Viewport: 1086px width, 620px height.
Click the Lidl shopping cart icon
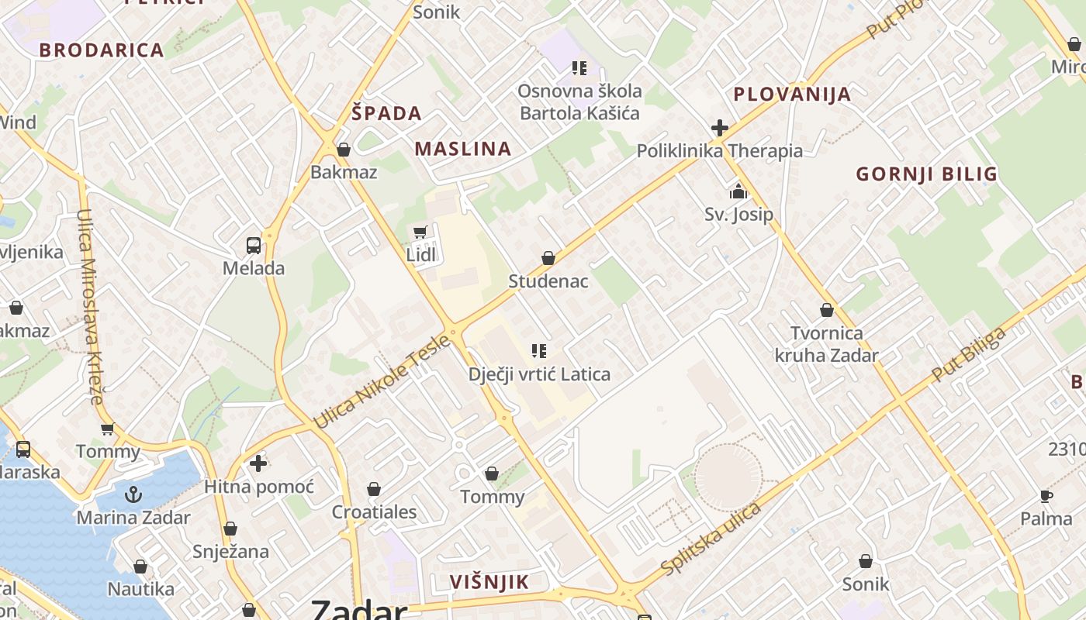tap(420, 232)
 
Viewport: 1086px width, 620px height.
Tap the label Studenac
tap(548, 281)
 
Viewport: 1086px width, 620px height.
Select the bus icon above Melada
tap(254, 246)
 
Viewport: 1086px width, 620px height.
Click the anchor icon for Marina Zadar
tap(133, 494)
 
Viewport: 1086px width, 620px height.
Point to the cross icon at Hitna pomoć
tap(258, 463)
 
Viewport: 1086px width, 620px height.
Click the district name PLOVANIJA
tap(792, 95)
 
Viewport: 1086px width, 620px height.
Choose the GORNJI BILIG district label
tap(926, 174)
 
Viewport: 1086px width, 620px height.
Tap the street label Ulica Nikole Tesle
tap(381, 381)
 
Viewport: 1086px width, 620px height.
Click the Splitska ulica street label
tap(711, 539)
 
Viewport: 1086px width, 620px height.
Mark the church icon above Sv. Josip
tap(738, 191)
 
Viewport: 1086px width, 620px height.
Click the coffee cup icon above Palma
tap(1046, 496)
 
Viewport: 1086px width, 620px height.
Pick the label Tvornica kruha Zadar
tap(826, 344)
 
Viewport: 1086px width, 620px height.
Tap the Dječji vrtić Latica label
tap(539, 374)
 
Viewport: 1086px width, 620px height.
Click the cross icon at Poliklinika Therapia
tap(720, 128)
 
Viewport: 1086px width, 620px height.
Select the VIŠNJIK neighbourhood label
tap(489, 582)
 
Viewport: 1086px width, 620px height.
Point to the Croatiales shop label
tap(374, 512)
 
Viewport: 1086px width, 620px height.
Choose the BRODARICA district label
tap(102, 50)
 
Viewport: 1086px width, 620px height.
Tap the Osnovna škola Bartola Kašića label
tap(579, 102)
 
